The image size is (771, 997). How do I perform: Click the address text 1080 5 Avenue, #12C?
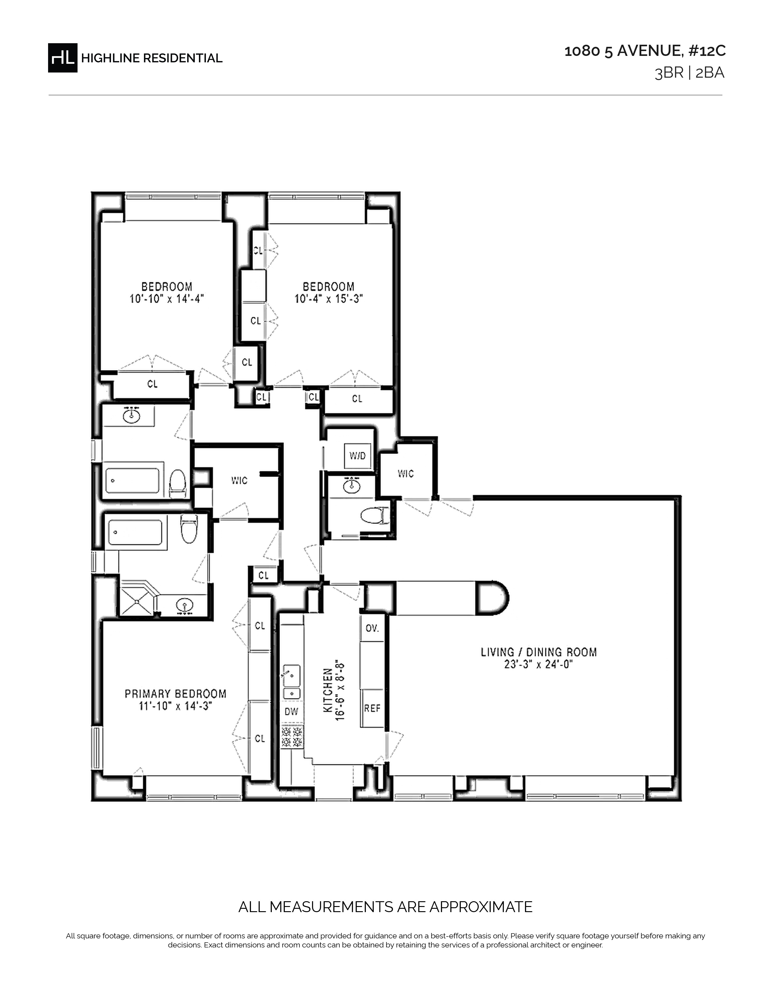pyautogui.click(x=645, y=51)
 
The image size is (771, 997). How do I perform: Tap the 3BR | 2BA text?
pyautogui.click(x=690, y=73)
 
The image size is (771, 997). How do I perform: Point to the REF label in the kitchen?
pyautogui.click(x=372, y=708)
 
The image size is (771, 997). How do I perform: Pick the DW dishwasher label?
pyautogui.click(x=291, y=711)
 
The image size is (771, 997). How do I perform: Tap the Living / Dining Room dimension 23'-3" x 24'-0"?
pyautogui.click(x=538, y=664)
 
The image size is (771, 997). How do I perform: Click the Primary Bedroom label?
pyautogui.click(x=175, y=694)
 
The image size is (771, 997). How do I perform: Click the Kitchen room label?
pyautogui.click(x=327, y=690)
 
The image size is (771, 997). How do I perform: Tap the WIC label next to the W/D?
pyautogui.click(x=405, y=473)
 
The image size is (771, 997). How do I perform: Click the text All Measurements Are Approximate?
pyautogui.click(x=385, y=907)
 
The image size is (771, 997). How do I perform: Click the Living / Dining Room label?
pyautogui.click(x=538, y=652)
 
